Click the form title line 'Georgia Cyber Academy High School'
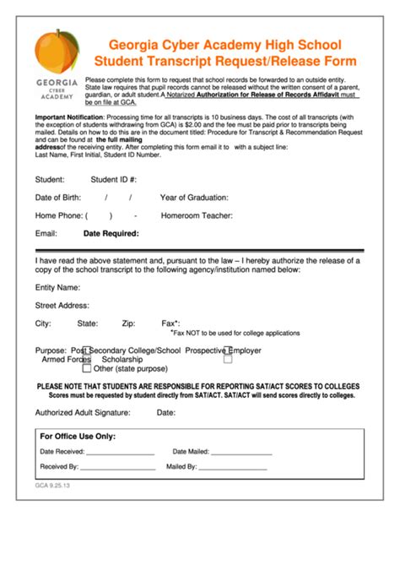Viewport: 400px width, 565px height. [224, 45]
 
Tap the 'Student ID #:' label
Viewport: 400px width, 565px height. [113, 179]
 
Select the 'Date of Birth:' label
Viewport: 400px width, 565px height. [58, 198]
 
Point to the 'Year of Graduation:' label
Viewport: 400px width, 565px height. [194, 198]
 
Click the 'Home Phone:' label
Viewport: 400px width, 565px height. [58, 215]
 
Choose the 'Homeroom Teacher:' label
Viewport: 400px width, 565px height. [197, 215]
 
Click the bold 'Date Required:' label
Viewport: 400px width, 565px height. [111, 234]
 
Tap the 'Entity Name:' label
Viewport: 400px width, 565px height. [57, 288]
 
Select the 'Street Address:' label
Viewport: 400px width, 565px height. [62, 305]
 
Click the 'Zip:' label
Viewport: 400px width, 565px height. [128, 323]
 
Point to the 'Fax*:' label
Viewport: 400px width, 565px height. [170, 323]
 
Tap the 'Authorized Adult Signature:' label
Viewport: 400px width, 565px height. [83, 413]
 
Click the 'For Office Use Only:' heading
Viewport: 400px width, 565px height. [78, 437]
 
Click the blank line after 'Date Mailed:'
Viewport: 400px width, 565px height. [241, 454]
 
